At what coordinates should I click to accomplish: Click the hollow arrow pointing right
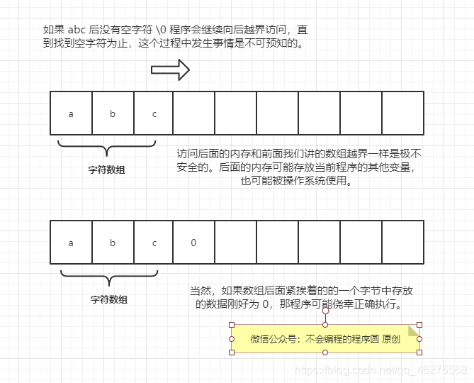point(170,70)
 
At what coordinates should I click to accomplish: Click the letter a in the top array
point(71,113)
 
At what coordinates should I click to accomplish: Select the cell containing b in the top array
point(113,113)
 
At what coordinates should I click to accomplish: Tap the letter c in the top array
point(154,113)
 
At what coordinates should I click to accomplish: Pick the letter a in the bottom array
point(71,243)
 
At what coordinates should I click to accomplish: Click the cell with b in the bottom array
point(113,243)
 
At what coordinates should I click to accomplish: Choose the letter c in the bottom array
point(154,243)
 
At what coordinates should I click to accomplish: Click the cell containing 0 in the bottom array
point(193,243)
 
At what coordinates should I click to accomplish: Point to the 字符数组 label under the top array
point(106,170)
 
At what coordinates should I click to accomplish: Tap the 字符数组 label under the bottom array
point(109,299)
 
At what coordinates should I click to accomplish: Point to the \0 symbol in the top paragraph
point(161,30)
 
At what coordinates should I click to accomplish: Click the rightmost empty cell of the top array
point(402,113)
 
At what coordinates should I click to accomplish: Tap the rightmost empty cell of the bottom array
point(402,243)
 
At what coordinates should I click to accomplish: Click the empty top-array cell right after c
point(194,113)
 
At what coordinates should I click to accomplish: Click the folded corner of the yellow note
point(414,331)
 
